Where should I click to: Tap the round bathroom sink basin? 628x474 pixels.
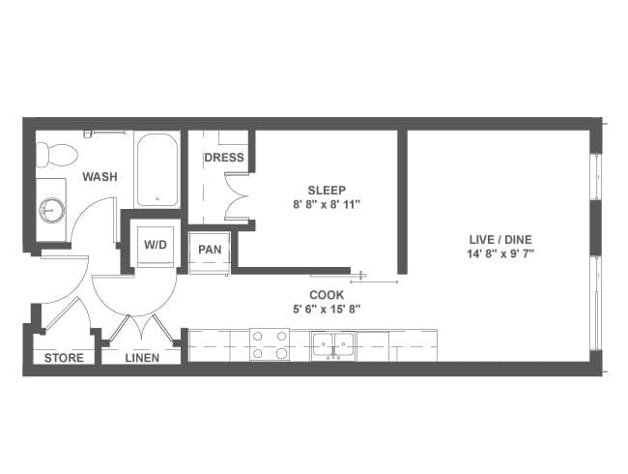(x=51, y=210)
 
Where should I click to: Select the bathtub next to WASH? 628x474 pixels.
(x=157, y=170)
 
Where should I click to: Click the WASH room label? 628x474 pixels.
(x=100, y=176)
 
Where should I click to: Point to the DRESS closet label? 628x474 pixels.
(x=224, y=158)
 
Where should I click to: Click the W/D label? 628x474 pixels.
(x=156, y=245)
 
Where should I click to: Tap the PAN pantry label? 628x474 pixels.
(x=210, y=250)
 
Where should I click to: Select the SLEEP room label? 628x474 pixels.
(x=327, y=190)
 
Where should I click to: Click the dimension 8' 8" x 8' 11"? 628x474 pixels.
(x=327, y=205)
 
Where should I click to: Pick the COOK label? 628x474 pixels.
(x=327, y=295)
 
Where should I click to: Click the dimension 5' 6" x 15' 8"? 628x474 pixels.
(x=327, y=310)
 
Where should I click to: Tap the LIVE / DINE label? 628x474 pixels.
(x=500, y=239)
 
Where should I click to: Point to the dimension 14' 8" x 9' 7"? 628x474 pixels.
(x=500, y=253)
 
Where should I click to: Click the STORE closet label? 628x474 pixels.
(x=64, y=358)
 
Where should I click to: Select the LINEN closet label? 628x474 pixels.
(x=142, y=358)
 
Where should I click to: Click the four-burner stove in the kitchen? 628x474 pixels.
(x=270, y=345)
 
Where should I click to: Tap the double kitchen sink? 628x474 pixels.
(x=333, y=344)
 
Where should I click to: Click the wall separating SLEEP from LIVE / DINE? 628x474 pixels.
(x=402, y=202)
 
